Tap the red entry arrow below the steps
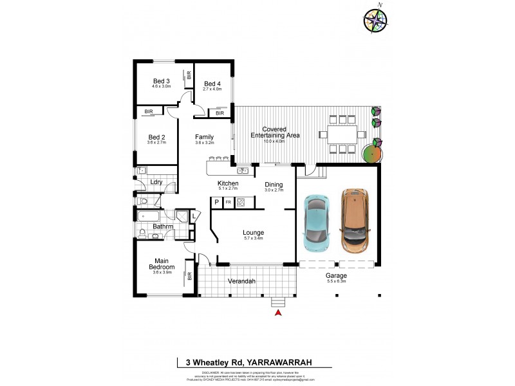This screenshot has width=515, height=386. click(278, 313)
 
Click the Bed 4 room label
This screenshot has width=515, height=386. click(212, 84)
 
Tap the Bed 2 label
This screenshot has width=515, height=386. click(157, 137)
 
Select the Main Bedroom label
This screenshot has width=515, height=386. click(162, 264)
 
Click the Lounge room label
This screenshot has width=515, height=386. click(253, 232)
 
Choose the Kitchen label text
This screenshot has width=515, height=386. click(228, 184)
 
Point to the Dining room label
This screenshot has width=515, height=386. click(274, 185)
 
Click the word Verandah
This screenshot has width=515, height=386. click(242, 282)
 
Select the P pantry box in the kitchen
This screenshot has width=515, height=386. click(216, 202)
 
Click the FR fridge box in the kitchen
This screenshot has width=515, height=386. click(228, 202)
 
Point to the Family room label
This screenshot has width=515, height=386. click(205, 137)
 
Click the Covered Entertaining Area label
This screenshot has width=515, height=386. click(274, 133)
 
